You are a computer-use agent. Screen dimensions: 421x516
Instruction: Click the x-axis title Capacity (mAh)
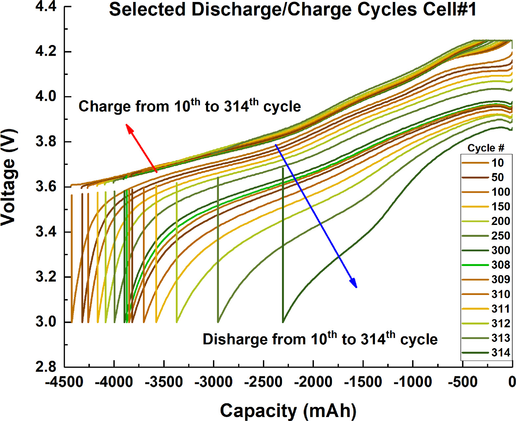tap(288, 410)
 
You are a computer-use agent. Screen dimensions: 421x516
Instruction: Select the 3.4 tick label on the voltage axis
tap(46, 232)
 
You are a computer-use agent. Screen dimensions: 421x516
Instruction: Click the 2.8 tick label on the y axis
tap(46, 367)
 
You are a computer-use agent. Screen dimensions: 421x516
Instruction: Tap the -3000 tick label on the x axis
tap(214, 382)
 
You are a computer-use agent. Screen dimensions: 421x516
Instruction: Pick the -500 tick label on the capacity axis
tap(463, 382)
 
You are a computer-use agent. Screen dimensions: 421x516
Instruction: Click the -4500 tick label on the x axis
tap(64, 382)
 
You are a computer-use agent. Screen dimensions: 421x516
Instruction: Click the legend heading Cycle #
tap(486, 148)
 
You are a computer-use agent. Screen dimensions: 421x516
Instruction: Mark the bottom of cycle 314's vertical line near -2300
tap(283, 321)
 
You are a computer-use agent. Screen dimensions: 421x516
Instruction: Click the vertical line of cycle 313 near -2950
tap(218, 250)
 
